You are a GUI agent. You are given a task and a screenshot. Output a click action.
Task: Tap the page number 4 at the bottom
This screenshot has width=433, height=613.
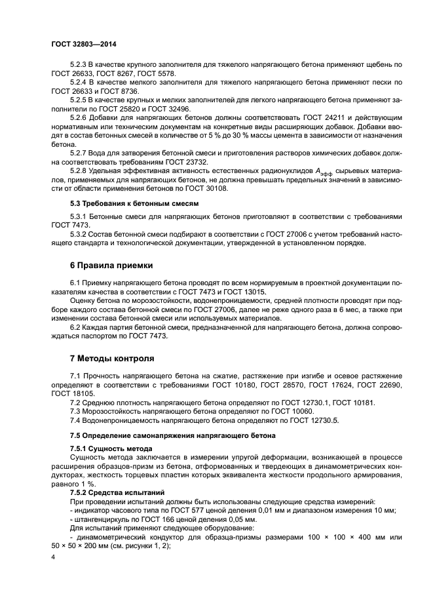53,557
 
